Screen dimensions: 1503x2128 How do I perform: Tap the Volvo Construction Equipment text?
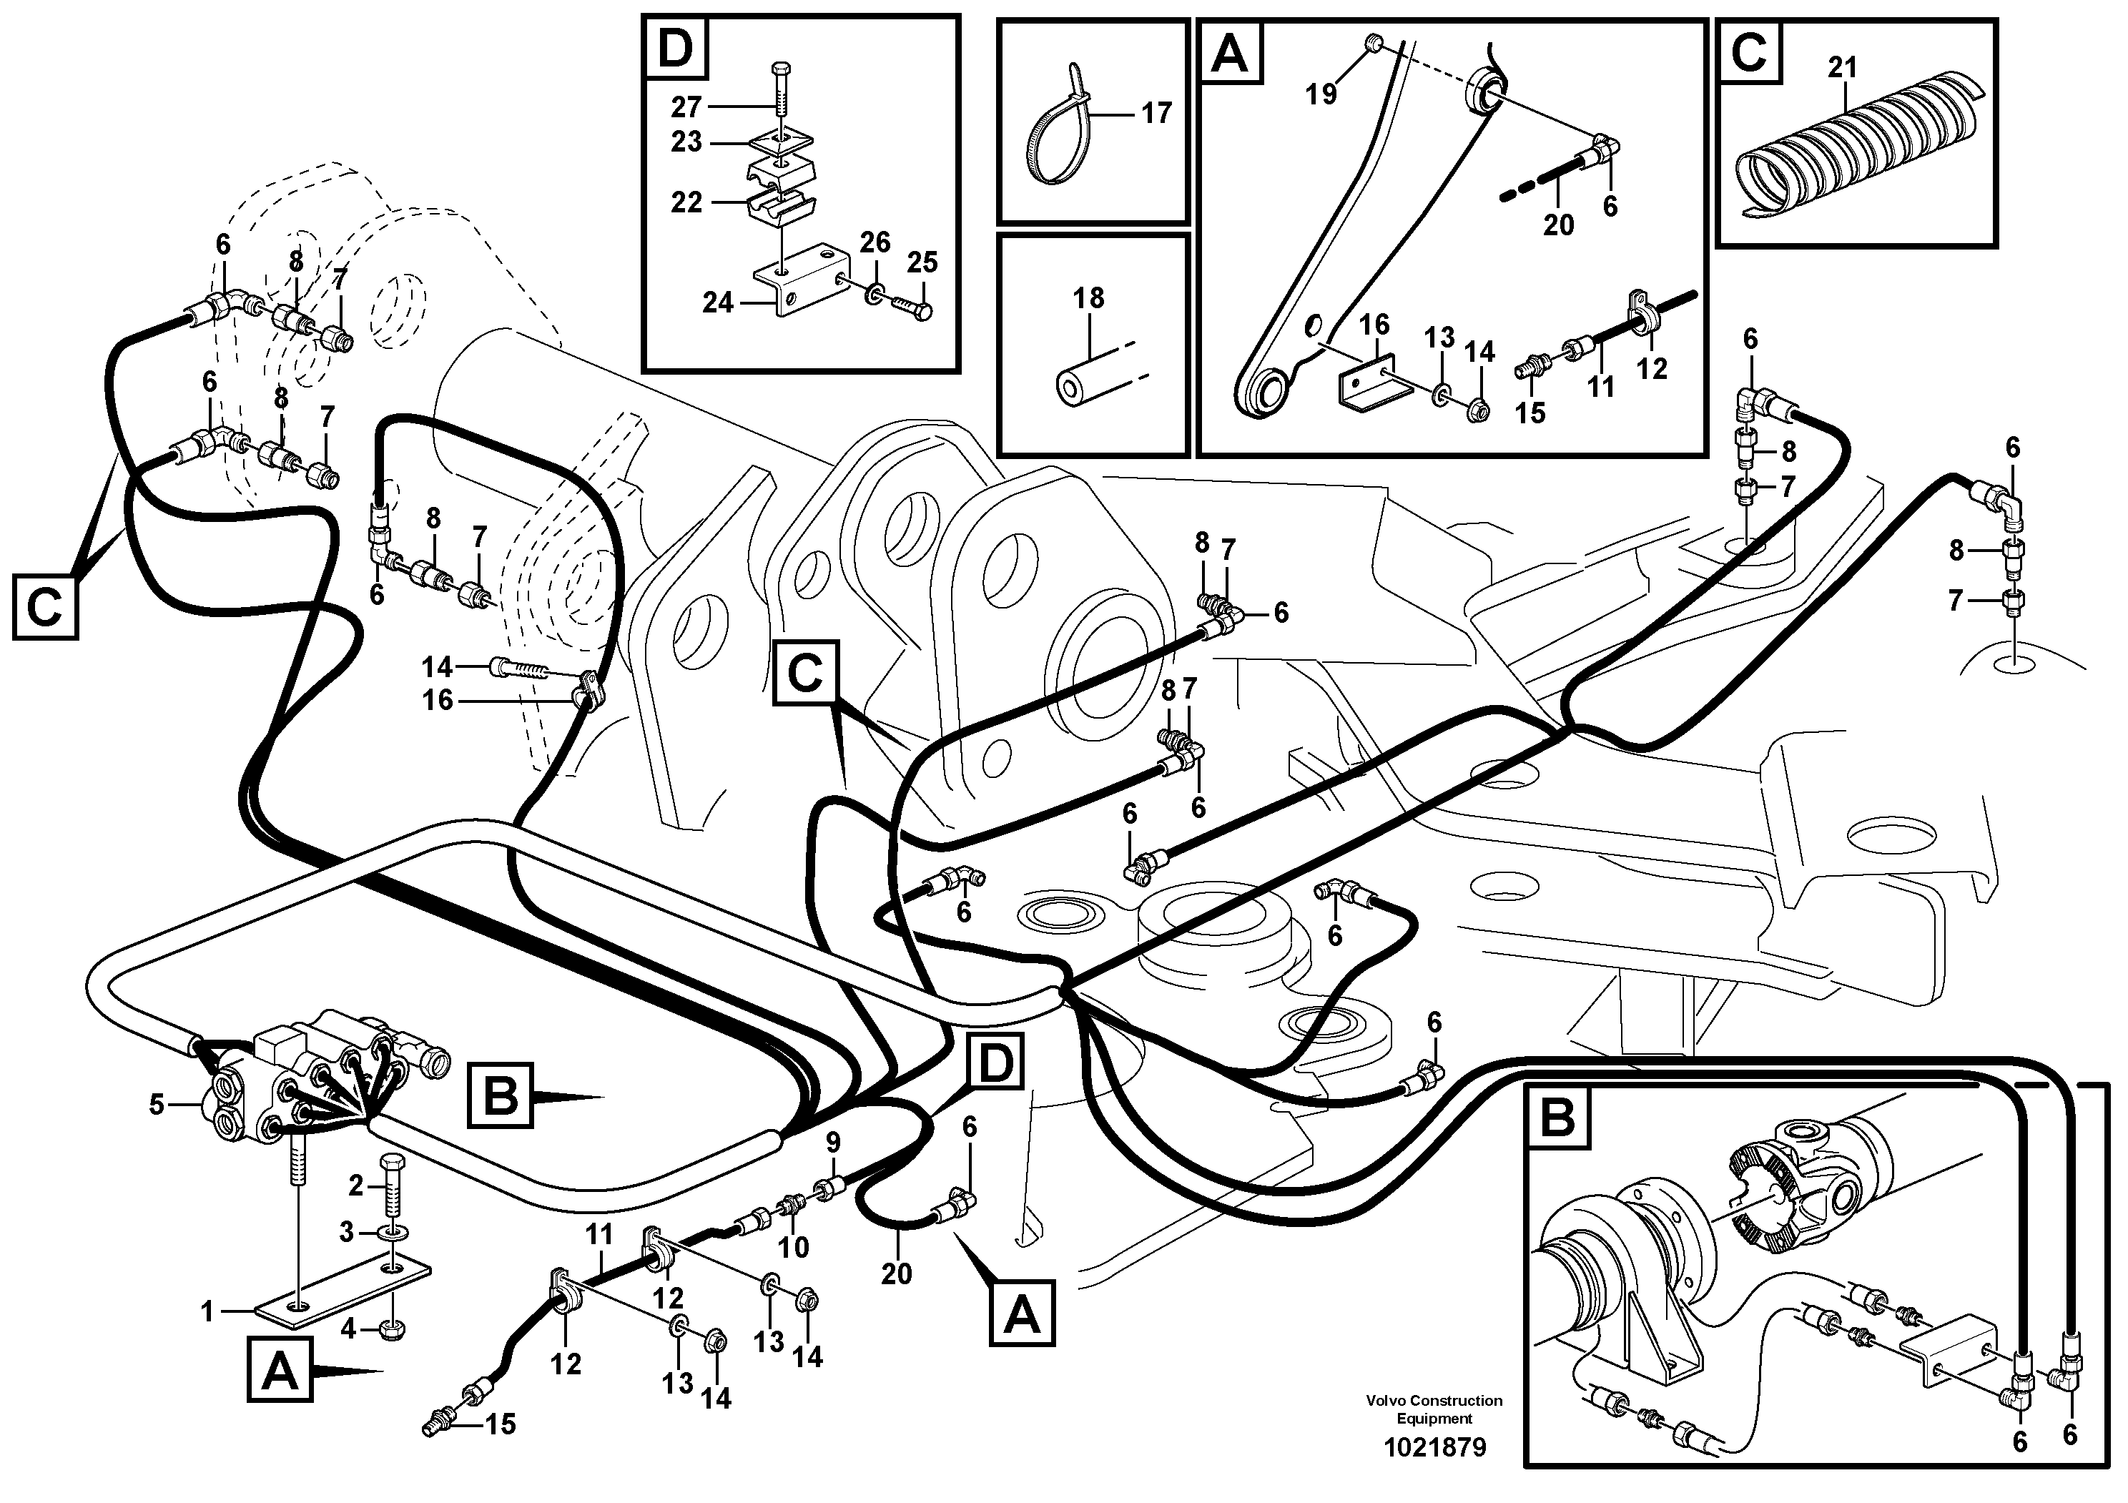[1434, 1409]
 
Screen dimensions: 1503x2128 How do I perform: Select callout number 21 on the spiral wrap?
[1843, 68]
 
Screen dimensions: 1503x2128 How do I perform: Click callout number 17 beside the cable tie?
[1156, 113]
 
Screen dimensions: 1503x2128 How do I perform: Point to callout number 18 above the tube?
[1088, 298]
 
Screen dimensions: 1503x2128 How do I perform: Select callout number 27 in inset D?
[686, 107]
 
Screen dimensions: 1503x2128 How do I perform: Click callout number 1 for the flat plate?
[207, 1311]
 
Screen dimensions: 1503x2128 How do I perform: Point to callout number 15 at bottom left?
[501, 1424]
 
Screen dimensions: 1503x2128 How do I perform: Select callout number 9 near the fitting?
[832, 1143]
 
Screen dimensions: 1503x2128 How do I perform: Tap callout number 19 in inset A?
[1321, 94]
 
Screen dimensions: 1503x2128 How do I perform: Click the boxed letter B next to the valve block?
[501, 1098]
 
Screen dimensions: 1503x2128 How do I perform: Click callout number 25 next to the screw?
[922, 262]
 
